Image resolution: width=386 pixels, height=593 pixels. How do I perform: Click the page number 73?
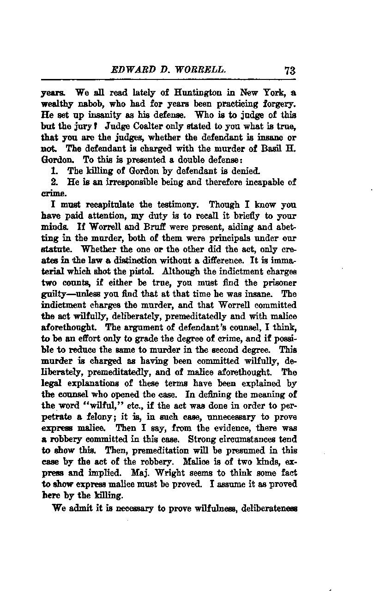[x=290, y=71]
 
